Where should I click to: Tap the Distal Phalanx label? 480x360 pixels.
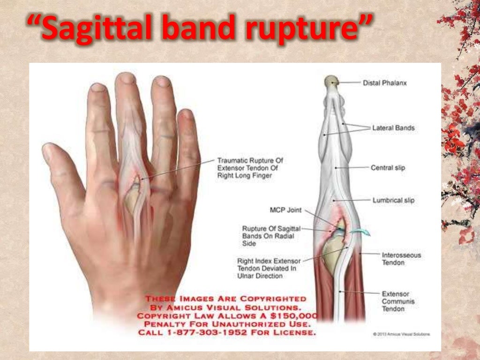point(385,83)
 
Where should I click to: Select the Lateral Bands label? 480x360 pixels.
point(393,127)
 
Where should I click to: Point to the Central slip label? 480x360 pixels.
point(388,167)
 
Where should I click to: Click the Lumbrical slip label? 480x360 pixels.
point(393,200)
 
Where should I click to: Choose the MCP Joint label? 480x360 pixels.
point(285,210)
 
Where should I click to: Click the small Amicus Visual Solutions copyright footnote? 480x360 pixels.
point(401,334)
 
